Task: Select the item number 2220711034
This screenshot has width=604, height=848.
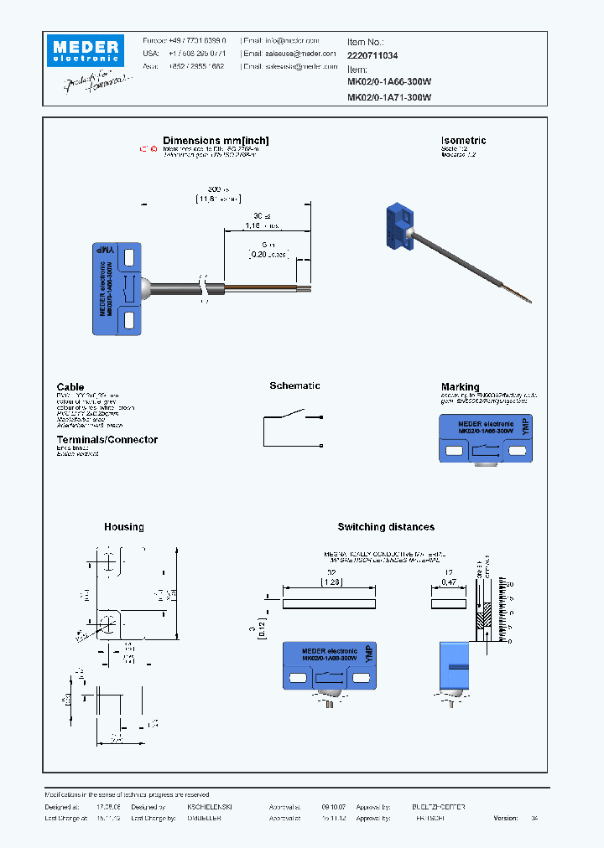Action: click(x=372, y=55)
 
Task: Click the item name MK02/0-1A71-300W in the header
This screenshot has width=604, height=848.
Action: click(x=389, y=97)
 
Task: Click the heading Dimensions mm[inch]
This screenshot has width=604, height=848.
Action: click(x=216, y=141)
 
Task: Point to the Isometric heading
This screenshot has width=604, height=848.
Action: click(x=463, y=141)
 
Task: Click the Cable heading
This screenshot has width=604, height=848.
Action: click(x=70, y=386)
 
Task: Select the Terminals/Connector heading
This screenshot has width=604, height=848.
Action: click(x=107, y=439)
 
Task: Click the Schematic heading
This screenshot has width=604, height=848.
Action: click(x=294, y=385)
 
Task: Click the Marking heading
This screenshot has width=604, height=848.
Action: click(x=460, y=386)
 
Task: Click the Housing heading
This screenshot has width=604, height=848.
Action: click(x=123, y=527)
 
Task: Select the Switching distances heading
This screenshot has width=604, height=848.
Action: click(x=386, y=527)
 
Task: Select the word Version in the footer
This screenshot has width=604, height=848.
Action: click(x=506, y=818)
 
